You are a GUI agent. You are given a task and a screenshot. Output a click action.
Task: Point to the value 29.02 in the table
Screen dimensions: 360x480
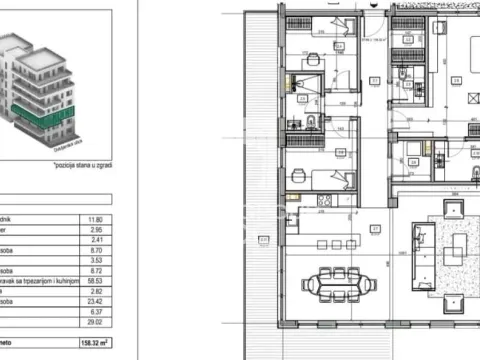coord(123,327)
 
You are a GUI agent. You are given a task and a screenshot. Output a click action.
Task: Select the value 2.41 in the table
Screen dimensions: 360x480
coord(123,240)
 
